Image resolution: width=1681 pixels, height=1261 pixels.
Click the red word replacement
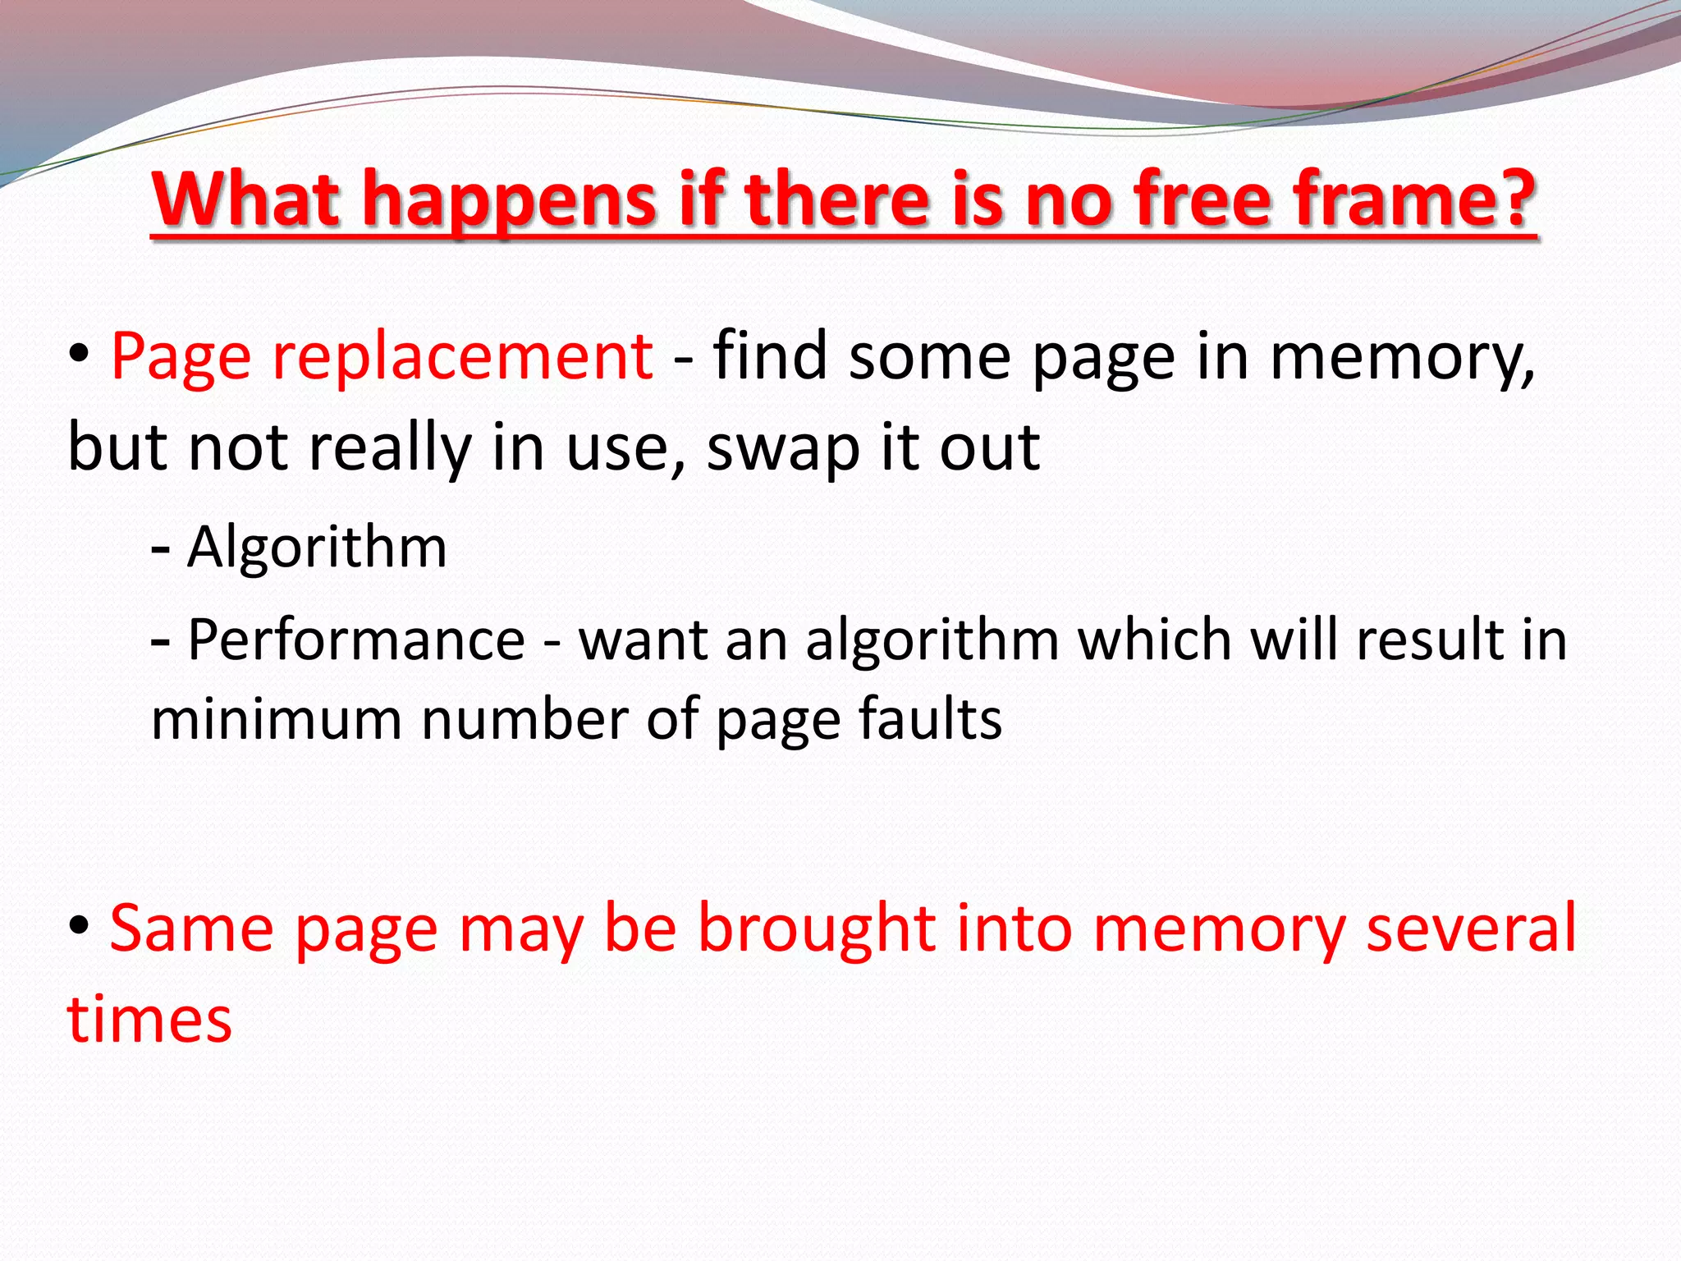(x=462, y=357)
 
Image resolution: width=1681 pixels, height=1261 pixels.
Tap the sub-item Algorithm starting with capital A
(x=317, y=547)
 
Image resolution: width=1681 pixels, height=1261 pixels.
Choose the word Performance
(x=356, y=640)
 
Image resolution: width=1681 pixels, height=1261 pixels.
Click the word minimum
(x=277, y=719)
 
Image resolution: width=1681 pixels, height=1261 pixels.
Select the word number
(x=524, y=719)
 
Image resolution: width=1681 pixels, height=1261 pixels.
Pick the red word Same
(x=192, y=928)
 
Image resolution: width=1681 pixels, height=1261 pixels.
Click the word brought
(x=817, y=929)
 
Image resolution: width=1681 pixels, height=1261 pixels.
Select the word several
(x=1471, y=928)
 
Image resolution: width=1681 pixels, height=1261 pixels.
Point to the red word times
(x=149, y=1020)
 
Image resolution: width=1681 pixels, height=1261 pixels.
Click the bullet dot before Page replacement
(x=79, y=355)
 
